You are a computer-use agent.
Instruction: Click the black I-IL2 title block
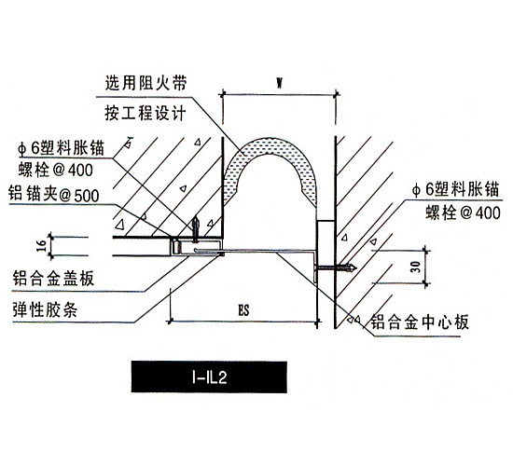coord(209,377)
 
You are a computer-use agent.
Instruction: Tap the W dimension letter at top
coord(279,83)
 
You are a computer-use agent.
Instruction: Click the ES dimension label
coord(243,310)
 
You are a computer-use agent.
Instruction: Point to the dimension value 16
coord(41,246)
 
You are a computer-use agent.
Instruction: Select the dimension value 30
coord(415,267)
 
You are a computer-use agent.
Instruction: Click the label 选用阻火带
coord(146,83)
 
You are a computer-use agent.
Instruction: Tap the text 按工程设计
coord(146,114)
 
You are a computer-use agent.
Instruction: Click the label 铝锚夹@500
coord(54,194)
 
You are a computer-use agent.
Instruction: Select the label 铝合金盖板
coord(53,279)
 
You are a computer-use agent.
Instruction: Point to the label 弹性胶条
coord(45,309)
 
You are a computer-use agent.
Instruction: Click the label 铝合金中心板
coord(420,322)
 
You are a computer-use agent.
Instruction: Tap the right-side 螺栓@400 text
coord(463,213)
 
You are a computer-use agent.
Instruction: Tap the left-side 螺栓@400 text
coord(56,170)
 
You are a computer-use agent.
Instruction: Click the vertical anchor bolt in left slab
coord(196,228)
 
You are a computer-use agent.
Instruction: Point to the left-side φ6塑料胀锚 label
coord(62,148)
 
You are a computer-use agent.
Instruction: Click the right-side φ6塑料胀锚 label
coord(456,189)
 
